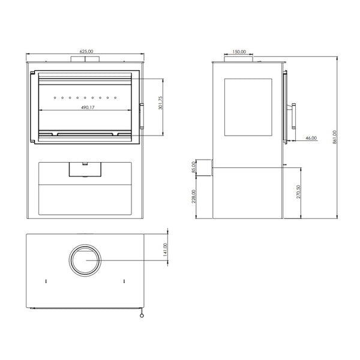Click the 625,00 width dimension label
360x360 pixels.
click(x=86, y=52)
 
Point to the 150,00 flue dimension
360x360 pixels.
click(x=239, y=52)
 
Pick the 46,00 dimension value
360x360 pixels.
click(x=311, y=138)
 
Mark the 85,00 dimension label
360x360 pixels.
click(x=193, y=166)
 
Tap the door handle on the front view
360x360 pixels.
click(x=142, y=116)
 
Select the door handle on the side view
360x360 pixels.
click(x=294, y=116)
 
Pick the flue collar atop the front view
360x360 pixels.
click(x=85, y=59)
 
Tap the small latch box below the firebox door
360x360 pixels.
click(x=85, y=170)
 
